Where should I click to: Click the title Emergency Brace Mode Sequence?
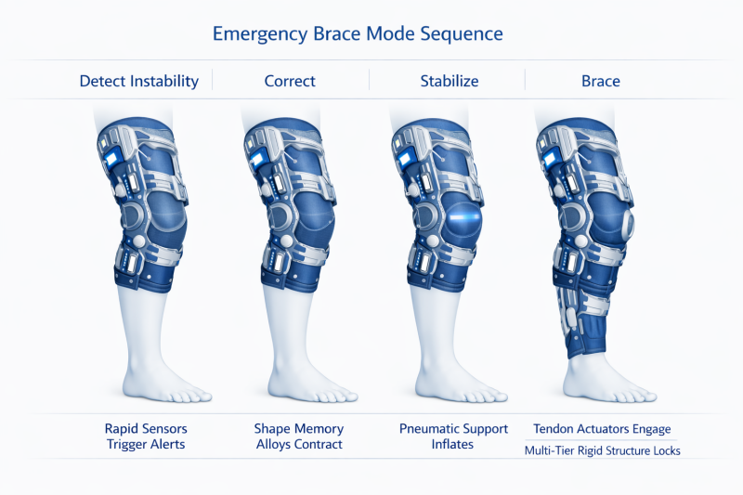358,34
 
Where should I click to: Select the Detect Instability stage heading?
138,81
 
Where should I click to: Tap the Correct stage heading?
290,81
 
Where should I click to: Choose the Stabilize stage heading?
450,81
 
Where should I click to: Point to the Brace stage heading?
600,81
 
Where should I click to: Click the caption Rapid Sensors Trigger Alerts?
146,436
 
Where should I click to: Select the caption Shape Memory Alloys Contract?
299,436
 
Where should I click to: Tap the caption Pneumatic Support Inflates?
453,436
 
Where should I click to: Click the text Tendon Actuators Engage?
602,429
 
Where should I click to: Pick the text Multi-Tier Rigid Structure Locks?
602,450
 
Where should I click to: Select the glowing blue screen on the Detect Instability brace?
111,157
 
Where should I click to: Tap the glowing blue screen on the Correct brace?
258,157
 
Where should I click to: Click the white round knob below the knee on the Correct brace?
287,241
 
